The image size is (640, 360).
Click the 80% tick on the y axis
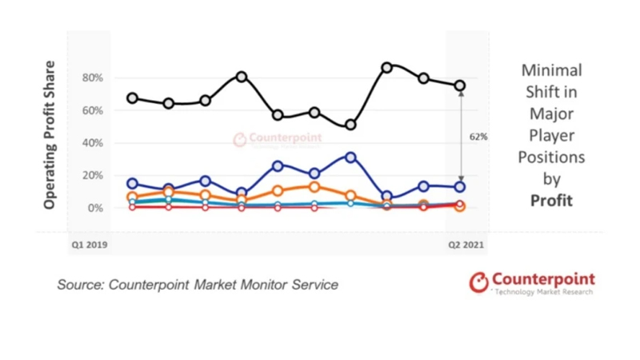click(91, 78)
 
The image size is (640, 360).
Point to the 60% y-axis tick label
click(91, 110)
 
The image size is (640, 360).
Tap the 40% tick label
click(91, 143)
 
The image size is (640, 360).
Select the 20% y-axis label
click(91, 175)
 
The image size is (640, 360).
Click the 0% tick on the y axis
click(94, 208)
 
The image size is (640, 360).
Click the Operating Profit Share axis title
click(50, 135)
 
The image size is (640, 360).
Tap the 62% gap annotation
click(478, 137)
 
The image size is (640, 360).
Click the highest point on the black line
click(387, 68)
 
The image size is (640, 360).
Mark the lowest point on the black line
click(350, 126)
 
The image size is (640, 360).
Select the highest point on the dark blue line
click(350, 158)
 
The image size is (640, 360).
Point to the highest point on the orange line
click(314, 187)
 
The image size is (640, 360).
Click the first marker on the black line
click(133, 98)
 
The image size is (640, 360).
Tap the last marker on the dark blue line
click(460, 187)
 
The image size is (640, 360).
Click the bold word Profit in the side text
click(551, 200)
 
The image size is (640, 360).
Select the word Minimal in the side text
click(551, 70)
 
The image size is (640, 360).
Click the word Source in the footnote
click(81, 285)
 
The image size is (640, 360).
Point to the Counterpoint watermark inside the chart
click(278, 139)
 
